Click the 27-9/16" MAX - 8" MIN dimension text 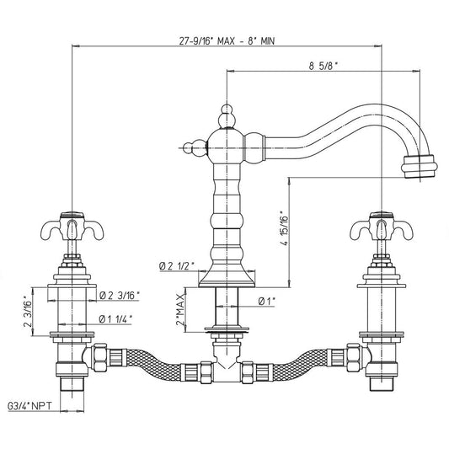(227, 41)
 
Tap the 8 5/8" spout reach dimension (323, 67)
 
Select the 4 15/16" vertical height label (286, 228)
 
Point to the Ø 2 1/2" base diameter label (177, 266)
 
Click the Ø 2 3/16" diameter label (120, 295)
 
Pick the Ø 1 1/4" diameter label (115, 318)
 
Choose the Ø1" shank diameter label (266, 301)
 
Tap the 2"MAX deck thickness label (180, 309)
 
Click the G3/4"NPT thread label (29, 406)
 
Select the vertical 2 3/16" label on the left (29, 311)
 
